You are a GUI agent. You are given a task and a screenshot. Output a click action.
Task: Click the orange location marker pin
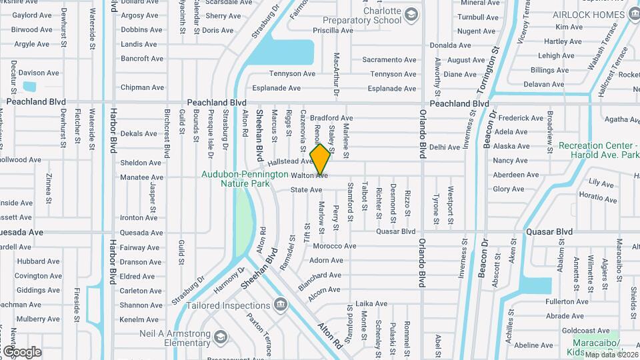pos(321,159)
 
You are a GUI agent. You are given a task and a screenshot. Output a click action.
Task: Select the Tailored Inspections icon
pos(281,305)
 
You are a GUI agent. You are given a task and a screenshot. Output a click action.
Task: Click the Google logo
pos(22,351)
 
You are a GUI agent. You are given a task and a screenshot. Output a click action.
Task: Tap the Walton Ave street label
pos(309,175)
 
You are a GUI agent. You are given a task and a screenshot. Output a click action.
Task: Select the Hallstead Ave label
pos(290,162)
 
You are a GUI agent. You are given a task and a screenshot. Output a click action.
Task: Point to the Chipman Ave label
pos(142,87)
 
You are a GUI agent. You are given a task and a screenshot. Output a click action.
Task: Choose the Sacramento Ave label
pos(389,60)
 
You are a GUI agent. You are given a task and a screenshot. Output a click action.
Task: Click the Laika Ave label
pos(371,304)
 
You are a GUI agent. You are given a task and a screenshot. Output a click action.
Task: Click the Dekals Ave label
pos(139,133)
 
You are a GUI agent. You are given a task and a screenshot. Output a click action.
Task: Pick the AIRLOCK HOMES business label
pos(590,14)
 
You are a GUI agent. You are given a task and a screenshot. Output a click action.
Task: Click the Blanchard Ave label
pos(319,275)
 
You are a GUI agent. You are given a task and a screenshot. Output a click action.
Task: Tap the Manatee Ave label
pos(142,177)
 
